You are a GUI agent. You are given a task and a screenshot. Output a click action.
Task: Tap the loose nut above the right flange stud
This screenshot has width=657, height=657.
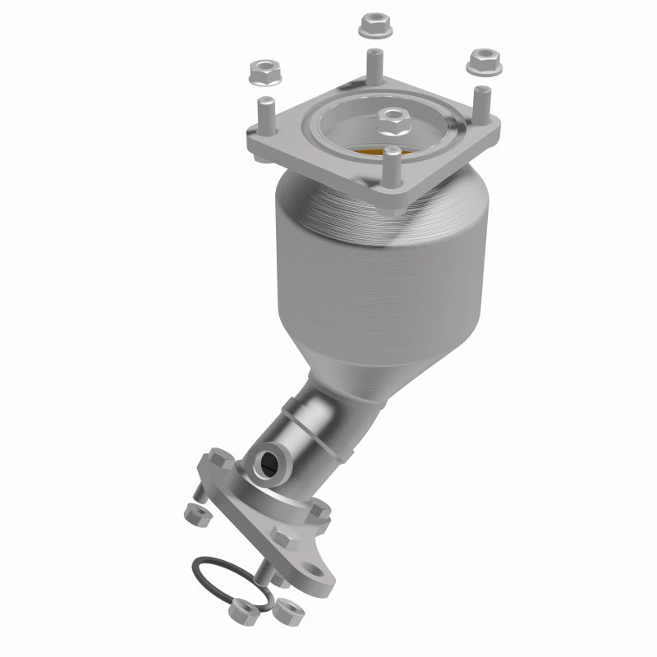click(x=480, y=60)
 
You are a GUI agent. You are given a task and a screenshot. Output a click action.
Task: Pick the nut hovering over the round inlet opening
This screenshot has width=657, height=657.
click(x=393, y=122)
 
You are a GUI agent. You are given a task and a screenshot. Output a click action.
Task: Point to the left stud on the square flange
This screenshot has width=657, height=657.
click(x=265, y=114)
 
